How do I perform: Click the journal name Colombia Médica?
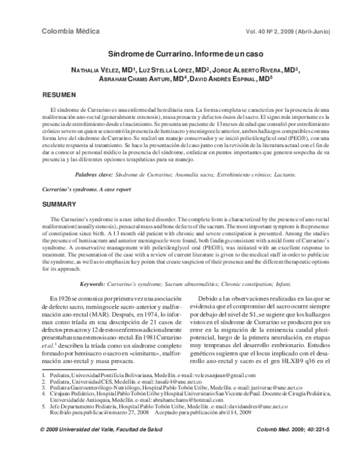65,31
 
